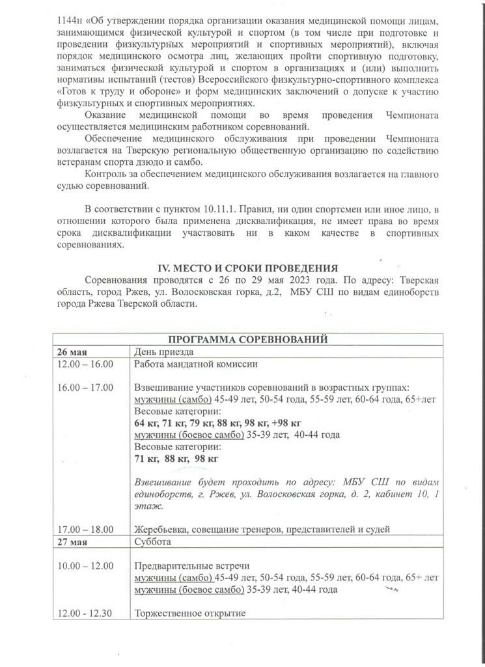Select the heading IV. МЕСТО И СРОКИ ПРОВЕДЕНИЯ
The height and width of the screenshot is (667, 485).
[x=249, y=268]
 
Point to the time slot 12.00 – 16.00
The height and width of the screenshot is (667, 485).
[x=85, y=364]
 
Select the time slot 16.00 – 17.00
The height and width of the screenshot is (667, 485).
[x=85, y=388]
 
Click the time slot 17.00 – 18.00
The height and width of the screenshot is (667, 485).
[x=85, y=529]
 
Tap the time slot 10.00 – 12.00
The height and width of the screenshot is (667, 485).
[x=85, y=565]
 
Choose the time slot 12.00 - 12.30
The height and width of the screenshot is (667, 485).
[x=85, y=613]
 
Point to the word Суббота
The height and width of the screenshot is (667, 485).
[x=153, y=541]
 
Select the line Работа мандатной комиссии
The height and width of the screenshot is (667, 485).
[x=197, y=364]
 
